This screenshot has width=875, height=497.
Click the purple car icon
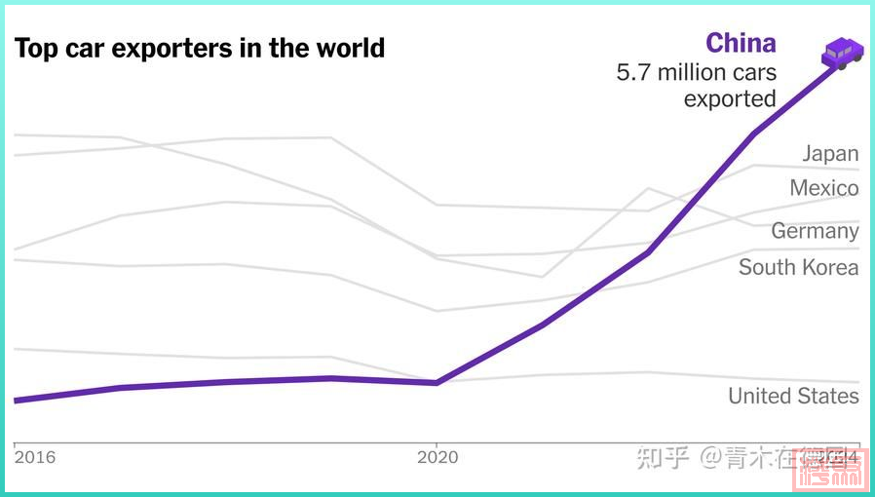[843, 53]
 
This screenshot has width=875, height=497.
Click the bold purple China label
[741, 43]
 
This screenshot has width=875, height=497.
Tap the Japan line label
[830, 153]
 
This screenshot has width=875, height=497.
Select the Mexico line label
[824, 188]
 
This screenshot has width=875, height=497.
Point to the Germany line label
[815, 231]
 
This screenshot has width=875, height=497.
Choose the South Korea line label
[798, 267]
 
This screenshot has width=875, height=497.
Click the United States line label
[793, 396]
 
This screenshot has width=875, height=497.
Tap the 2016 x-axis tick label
[35, 457]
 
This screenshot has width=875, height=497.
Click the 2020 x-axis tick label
[437, 457]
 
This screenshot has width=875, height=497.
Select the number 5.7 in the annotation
[633, 73]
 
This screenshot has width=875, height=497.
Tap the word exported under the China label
[729, 98]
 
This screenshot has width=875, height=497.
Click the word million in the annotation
[695, 73]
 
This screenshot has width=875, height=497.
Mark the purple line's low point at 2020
[437, 382]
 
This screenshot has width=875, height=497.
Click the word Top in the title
[34, 48]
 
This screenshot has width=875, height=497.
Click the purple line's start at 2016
[16, 400]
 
